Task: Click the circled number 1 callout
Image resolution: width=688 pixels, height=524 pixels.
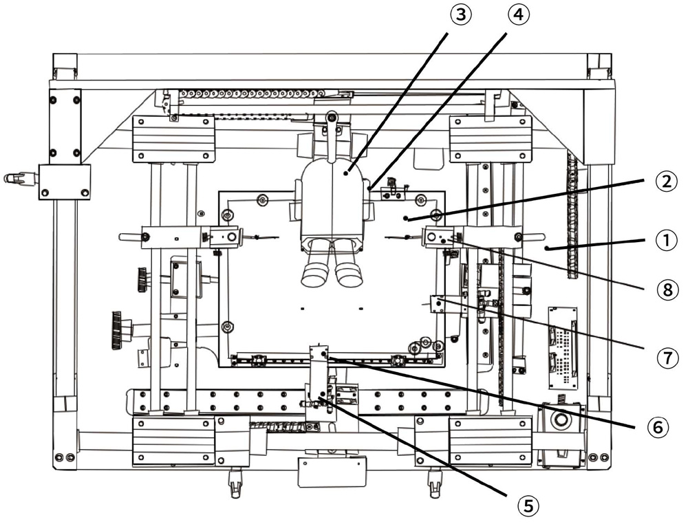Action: click(x=666, y=241)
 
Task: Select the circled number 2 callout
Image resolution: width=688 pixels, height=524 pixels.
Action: click(x=666, y=181)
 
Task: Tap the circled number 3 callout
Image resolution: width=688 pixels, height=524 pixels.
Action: click(x=460, y=14)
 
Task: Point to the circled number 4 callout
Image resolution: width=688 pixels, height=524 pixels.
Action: click(x=519, y=14)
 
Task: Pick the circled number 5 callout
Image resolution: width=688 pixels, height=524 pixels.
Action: click(x=528, y=506)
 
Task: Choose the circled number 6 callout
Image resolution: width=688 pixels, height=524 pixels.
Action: click(x=658, y=426)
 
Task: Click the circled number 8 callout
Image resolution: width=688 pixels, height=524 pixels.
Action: click(x=667, y=290)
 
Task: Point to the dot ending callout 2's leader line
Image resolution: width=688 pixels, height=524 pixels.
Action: click(x=407, y=218)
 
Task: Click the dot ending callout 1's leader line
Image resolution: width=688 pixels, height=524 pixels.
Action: click(x=547, y=249)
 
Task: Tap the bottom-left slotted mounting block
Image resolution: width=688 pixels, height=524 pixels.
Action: click(x=174, y=441)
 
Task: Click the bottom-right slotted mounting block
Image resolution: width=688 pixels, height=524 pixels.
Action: click(x=491, y=441)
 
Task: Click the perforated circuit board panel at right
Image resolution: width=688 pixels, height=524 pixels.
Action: click(x=563, y=348)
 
